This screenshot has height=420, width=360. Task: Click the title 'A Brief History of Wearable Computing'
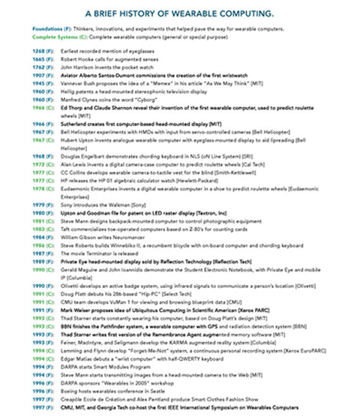coord(179,13)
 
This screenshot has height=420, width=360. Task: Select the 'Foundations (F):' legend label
coord(34,29)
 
